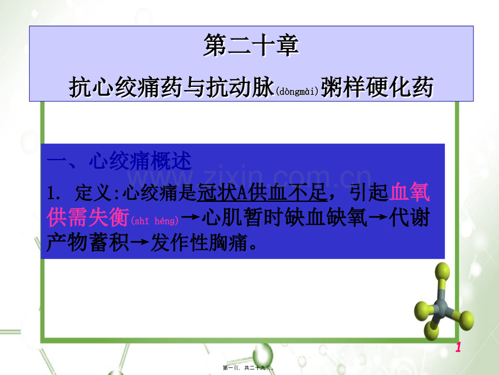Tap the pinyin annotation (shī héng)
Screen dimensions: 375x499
coord(155,220)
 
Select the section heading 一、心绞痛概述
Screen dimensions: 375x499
coord(119,161)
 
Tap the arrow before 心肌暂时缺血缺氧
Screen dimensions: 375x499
coord(191,218)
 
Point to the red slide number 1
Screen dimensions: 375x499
coord(458,347)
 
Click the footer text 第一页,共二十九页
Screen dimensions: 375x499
coord(249,368)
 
